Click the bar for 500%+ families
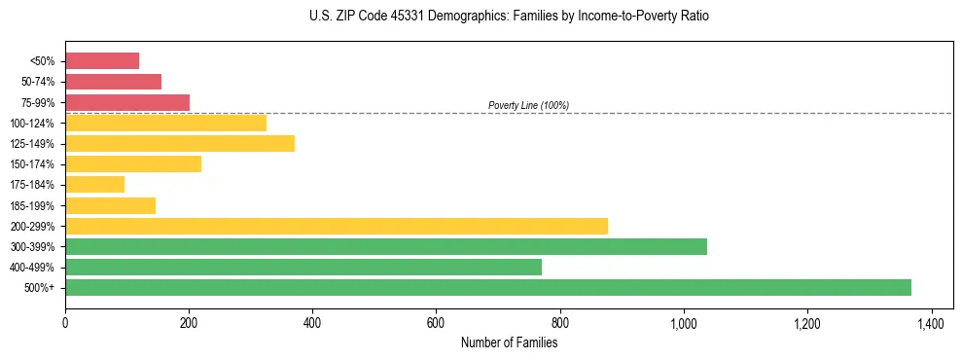[x=487, y=287]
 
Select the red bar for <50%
[x=102, y=61]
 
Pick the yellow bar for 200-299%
[x=336, y=226]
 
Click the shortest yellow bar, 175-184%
[x=94, y=184]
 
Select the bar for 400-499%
[x=303, y=267]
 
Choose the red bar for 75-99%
[x=127, y=102]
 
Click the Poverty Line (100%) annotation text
[x=528, y=105]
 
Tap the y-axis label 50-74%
[x=38, y=82]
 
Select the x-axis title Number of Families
[x=509, y=342]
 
